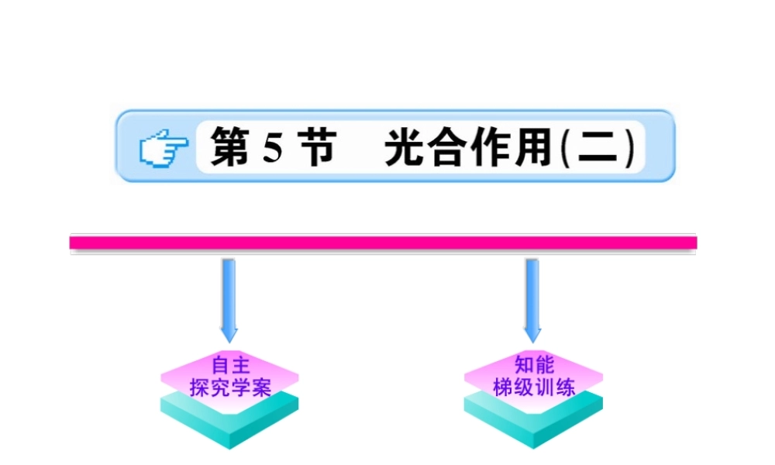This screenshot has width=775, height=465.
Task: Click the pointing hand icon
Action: [164, 148]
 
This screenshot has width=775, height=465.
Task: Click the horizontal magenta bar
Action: [384, 243]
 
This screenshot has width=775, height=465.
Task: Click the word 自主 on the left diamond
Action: [230, 364]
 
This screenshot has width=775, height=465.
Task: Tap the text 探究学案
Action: [230, 387]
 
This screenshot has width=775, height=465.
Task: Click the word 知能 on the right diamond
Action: [534, 364]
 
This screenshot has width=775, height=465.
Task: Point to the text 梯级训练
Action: [534, 387]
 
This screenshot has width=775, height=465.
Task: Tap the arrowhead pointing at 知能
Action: [532, 335]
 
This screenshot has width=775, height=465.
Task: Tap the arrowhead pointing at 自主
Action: [229, 335]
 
